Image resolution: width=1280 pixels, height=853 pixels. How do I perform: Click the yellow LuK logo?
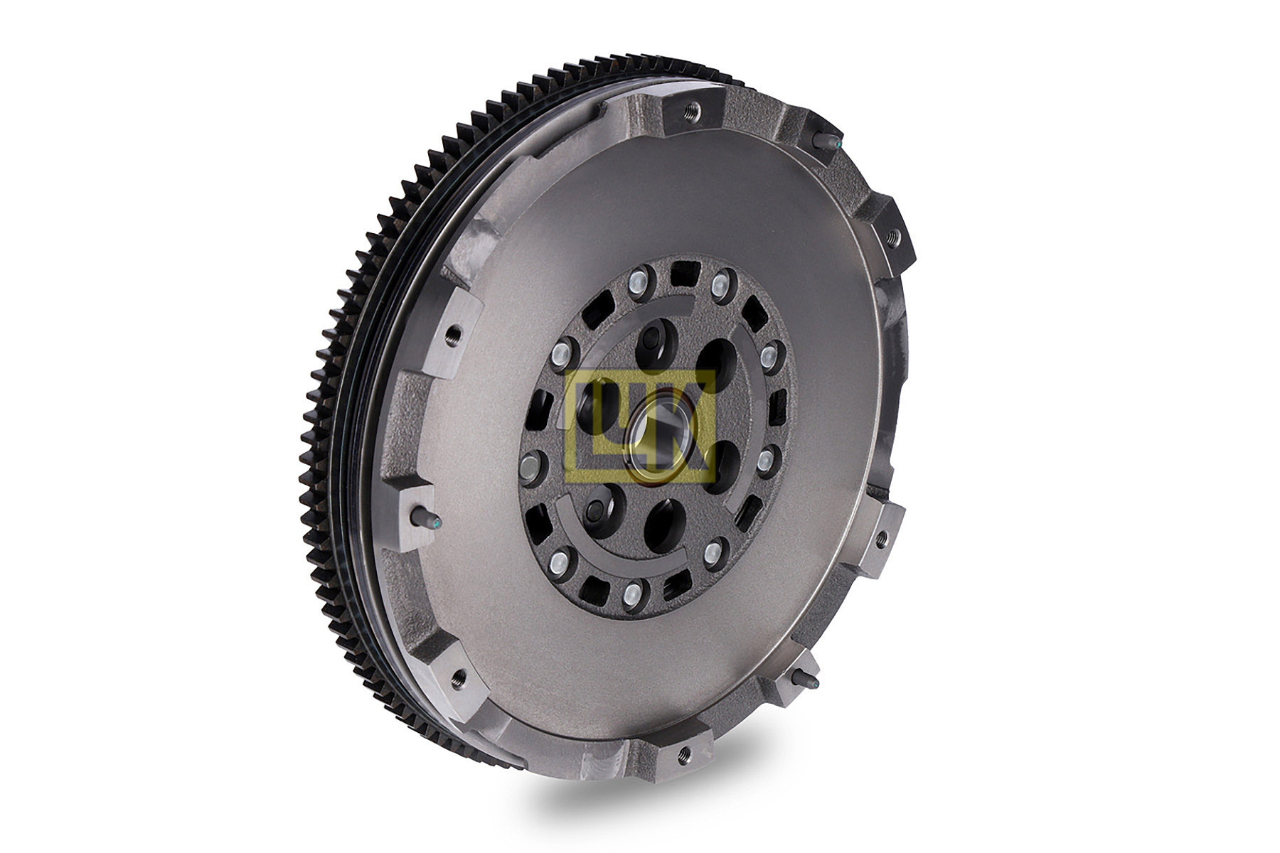point(638,425)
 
